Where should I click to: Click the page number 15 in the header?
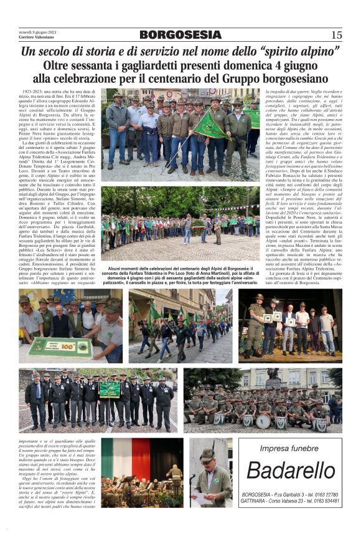pos(336,35)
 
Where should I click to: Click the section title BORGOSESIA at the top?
pos(180,35)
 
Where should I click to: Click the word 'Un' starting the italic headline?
pos(29,52)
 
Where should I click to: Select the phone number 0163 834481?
pos(324,501)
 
